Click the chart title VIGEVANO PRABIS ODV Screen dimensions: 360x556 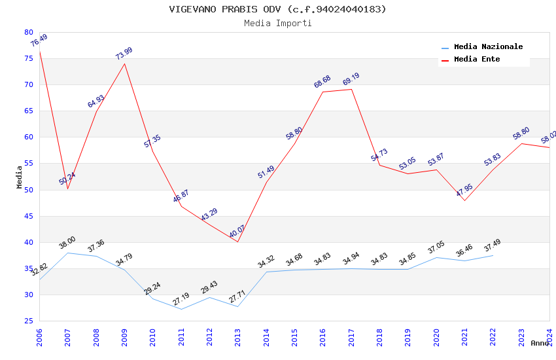click(278, 9)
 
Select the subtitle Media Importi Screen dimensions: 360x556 click(278, 23)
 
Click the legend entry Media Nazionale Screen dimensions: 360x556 click(488, 47)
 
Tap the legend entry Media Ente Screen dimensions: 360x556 click(477, 59)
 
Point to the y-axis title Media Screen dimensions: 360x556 click(20, 177)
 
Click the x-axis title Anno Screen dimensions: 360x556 click(540, 343)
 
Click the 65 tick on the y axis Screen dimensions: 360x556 click(28, 111)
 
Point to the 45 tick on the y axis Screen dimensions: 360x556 click(28, 216)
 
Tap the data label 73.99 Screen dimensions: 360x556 click(124, 54)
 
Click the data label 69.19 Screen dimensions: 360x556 click(351, 79)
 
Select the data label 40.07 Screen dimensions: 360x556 click(237, 231)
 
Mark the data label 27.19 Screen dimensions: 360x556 click(181, 300)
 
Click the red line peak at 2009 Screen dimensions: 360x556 click(124, 63)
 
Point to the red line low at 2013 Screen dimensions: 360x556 click(237, 242)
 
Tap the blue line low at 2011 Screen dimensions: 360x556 click(181, 309)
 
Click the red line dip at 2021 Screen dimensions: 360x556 click(464, 200)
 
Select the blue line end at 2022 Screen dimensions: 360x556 click(493, 255)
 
